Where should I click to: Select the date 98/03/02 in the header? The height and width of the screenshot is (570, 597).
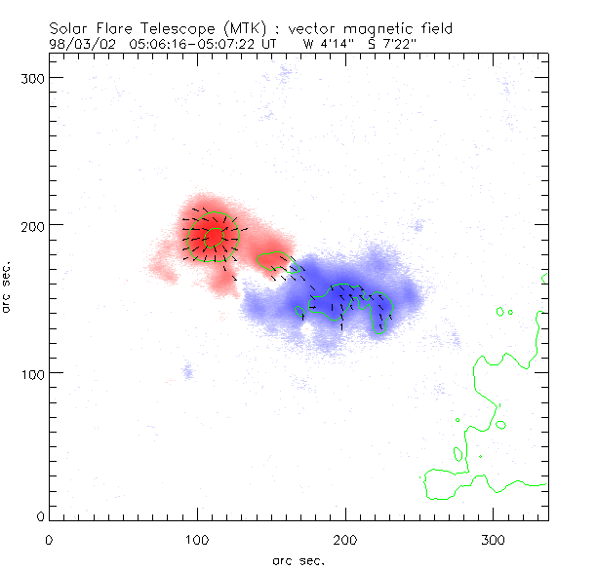[77, 44]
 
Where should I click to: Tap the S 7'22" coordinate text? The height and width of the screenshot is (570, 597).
[394, 44]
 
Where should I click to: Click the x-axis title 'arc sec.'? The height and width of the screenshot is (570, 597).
[298, 559]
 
